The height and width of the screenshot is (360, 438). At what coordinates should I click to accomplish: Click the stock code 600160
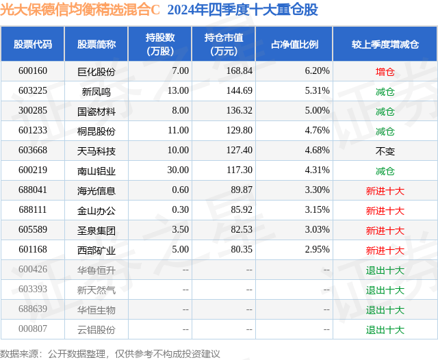[33, 71]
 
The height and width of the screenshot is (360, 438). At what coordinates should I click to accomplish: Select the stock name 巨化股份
[96, 71]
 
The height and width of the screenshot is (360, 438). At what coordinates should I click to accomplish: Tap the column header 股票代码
[33, 44]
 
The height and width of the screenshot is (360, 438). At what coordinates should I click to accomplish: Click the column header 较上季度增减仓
[385, 44]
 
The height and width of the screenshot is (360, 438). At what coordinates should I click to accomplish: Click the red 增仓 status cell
[385, 71]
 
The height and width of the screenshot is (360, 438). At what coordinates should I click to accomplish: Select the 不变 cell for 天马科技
[385, 151]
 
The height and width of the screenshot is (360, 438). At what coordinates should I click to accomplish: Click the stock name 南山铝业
[96, 170]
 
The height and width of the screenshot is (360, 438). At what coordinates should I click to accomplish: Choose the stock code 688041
[33, 190]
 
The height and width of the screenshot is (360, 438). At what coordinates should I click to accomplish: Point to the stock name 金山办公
[96, 210]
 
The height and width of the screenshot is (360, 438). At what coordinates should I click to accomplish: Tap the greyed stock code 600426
[33, 270]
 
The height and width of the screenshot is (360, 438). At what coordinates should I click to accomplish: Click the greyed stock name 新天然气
[96, 290]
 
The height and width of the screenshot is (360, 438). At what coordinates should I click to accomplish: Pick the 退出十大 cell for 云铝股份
[385, 329]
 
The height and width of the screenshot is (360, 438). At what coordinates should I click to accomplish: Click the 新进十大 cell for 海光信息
[385, 190]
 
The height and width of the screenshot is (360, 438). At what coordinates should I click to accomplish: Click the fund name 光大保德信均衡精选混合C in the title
[80, 10]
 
